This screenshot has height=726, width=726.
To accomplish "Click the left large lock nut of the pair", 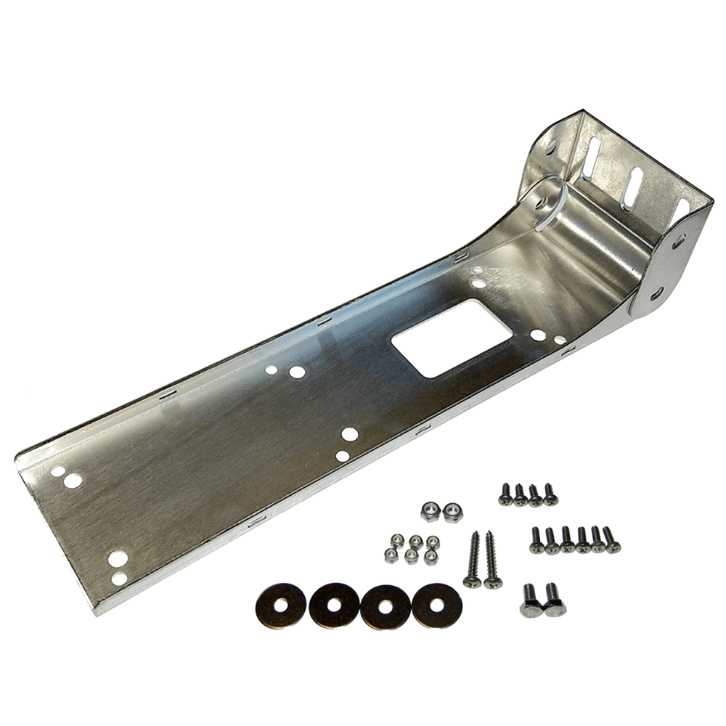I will (430, 511).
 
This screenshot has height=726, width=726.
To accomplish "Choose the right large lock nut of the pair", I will (452, 511).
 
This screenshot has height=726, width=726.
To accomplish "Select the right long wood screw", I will (492, 558).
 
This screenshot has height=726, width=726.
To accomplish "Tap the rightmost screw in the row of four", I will (550, 493).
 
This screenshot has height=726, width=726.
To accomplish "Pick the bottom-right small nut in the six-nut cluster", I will (431, 555).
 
